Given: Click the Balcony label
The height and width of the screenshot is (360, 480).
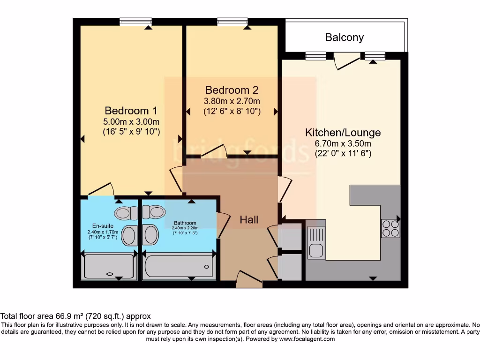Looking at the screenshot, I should point(345,37).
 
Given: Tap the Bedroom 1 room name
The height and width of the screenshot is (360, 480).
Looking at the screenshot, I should point(131,111).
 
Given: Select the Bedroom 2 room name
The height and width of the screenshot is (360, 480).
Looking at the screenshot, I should point(232,90).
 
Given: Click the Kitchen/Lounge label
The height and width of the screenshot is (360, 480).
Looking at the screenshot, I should point(343,132).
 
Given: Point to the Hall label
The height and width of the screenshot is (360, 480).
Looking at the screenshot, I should point(249,219).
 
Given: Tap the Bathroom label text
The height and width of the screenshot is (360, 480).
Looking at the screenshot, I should point(185,223).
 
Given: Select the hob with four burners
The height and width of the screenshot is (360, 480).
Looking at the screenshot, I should point(390,228).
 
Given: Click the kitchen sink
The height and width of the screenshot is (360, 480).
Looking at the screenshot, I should point(316,242).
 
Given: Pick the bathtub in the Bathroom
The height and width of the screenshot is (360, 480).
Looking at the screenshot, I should point(179,266).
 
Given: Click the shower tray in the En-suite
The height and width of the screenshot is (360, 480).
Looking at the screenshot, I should point(109,267).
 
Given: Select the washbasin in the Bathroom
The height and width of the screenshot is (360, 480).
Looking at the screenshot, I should point(150,234).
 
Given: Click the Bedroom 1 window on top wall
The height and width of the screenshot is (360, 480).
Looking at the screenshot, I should point(135,22).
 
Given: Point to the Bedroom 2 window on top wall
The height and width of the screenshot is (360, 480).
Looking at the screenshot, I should point(232,22).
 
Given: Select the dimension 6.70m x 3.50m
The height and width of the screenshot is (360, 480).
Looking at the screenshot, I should point(343,143).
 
